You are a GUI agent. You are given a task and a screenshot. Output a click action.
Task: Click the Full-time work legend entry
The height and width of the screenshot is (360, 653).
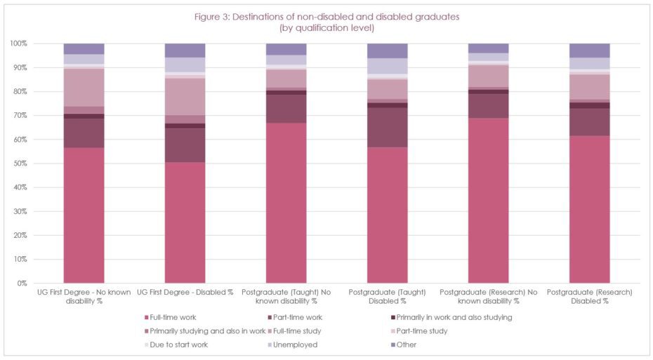pos(171,317)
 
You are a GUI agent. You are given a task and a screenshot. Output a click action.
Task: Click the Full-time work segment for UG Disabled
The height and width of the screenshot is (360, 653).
pos(185,222)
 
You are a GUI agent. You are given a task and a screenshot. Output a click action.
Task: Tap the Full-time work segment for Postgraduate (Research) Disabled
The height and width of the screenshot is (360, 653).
pos(589,209)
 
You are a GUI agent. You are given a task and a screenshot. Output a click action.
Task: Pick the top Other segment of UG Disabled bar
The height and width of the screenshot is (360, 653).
pos(185,51)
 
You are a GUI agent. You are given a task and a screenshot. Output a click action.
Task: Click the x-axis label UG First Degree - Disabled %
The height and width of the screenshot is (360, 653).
pos(185,291)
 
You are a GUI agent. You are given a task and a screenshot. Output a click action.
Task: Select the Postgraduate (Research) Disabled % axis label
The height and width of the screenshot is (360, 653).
pos(589,295)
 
